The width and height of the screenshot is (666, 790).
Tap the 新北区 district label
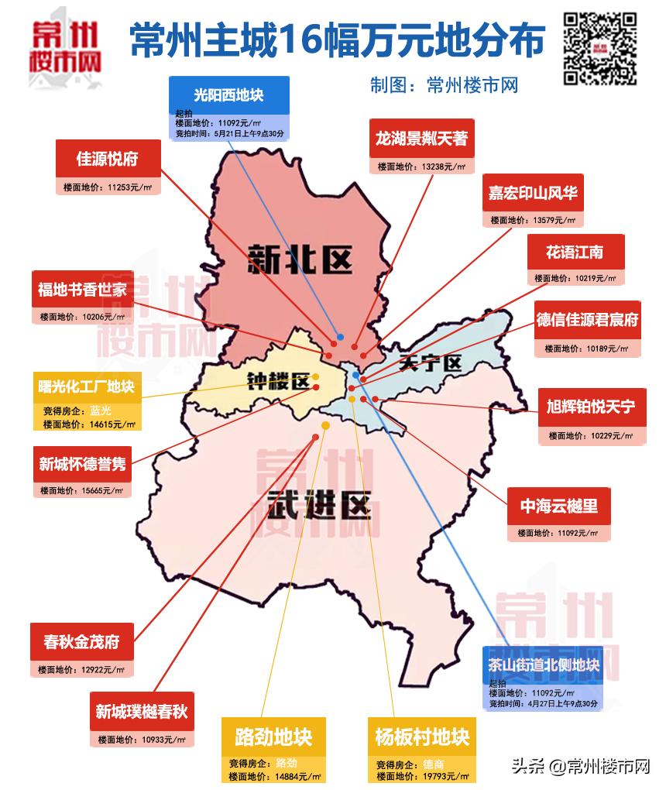[300, 259]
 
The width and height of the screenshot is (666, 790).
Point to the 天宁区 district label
[430, 362]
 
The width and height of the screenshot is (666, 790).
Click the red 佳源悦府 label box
[107, 160]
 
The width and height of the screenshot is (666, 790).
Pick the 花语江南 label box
[575, 252]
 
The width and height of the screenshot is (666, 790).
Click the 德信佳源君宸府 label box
[588, 320]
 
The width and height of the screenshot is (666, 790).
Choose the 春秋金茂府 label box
[81, 642]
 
